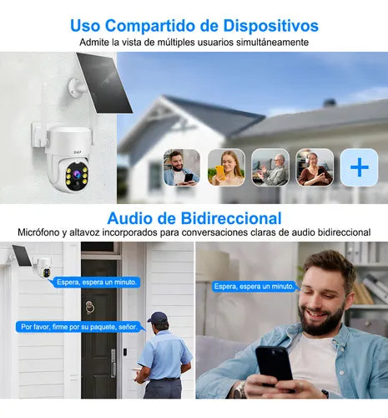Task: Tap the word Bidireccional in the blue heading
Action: pos(231,218)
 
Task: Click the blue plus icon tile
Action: pos(360,167)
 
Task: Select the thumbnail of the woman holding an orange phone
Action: pos(226,167)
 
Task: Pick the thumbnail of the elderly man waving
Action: pos(270,167)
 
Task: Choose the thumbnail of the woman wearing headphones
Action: pos(315,167)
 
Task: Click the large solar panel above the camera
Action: pos(104,83)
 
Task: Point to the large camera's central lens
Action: pos(76,175)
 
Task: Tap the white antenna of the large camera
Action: pos(43,115)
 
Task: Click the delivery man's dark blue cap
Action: pos(158,317)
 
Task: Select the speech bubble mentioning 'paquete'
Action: pos(80,327)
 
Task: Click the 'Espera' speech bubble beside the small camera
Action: pos(96,283)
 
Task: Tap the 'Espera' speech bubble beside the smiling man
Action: pos(254,287)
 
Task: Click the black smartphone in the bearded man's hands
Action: pos(274,365)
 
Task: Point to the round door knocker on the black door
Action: pos(89,308)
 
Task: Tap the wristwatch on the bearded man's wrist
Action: pos(239,390)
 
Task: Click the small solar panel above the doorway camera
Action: pos(22,256)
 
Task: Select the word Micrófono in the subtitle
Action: pos(38,232)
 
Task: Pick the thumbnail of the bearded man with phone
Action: pos(182,167)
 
